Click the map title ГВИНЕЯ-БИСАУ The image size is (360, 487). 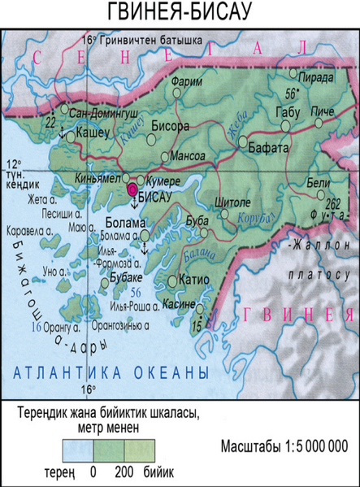(x=180, y=14)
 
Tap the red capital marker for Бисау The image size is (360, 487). (x=132, y=189)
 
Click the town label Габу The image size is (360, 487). (x=288, y=111)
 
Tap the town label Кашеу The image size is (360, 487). (x=93, y=130)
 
